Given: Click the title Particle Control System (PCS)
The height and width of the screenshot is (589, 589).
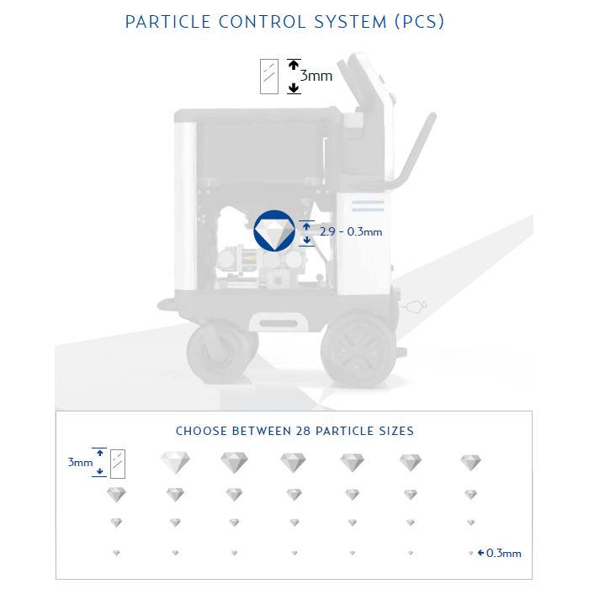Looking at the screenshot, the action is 284,22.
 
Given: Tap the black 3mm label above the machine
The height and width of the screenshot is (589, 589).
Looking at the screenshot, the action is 316,76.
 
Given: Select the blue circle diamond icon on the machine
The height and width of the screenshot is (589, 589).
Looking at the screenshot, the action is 274,231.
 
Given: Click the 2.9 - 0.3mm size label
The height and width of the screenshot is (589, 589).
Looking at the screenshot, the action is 351,231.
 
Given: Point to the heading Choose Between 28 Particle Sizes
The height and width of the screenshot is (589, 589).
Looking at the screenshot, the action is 294,431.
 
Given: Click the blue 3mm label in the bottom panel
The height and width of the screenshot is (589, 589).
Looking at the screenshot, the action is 80,463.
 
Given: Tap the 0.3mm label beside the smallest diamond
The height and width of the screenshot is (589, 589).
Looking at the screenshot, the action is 503,553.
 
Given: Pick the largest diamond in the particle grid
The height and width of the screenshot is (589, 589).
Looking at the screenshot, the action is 175,462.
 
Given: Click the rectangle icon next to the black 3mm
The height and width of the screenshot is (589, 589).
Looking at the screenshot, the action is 269,77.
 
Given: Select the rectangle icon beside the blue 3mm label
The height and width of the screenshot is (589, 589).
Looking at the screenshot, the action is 118,464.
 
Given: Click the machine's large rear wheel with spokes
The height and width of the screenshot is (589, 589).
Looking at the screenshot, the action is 358,351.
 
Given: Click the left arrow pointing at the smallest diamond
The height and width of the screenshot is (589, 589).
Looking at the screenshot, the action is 480,553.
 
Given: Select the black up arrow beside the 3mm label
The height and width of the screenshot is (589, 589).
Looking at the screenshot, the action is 294,65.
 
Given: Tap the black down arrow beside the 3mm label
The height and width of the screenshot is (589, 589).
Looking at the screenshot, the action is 294,88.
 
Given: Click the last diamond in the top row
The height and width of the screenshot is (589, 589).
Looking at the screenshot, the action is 470,463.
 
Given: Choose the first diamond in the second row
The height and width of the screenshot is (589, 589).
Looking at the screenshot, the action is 116,495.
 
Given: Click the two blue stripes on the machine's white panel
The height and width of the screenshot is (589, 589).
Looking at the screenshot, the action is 368,206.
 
